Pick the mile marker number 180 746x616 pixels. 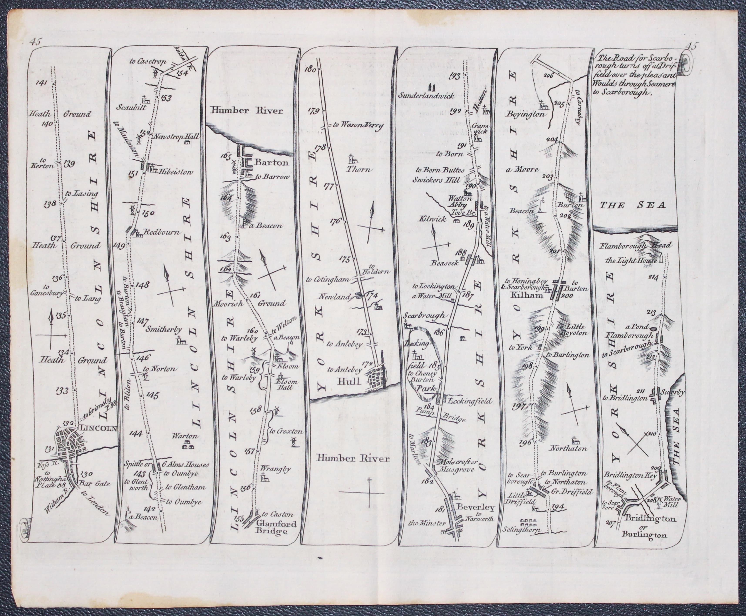click(310, 70)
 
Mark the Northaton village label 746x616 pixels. click(568, 448)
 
